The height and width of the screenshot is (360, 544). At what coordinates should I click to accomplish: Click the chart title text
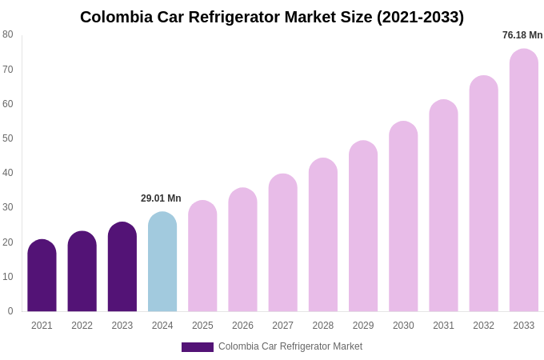(x=272, y=17)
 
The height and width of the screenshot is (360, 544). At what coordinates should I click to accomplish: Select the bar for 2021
(x=42, y=276)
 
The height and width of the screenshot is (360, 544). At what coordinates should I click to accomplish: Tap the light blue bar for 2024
(x=162, y=262)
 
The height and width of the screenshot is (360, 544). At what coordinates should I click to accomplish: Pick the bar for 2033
(x=524, y=181)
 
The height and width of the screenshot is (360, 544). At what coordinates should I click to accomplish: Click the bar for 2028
(x=323, y=235)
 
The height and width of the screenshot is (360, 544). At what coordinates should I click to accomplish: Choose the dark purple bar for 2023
(x=122, y=267)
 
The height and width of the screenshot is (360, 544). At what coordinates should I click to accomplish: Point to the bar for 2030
(x=403, y=217)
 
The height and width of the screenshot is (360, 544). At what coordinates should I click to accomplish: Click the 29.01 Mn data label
(x=161, y=198)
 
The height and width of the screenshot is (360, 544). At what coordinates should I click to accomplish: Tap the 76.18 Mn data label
(x=522, y=35)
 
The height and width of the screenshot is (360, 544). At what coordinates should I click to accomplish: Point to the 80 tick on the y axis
(x=8, y=34)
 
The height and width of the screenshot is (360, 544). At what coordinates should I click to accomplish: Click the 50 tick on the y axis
(x=8, y=138)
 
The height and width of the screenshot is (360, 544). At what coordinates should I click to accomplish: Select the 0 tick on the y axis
(x=10, y=311)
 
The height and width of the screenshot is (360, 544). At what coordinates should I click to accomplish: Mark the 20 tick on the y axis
(x=8, y=242)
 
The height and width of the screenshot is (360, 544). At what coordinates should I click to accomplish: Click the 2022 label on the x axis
(x=82, y=326)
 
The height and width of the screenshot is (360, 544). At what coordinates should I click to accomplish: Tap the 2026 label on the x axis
(x=242, y=326)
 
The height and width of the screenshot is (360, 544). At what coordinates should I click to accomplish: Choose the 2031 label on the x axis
(x=443, y=326)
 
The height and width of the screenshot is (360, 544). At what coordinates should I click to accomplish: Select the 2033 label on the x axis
(x=524, y=326)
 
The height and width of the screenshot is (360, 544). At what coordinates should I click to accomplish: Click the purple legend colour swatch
(x=198, y=347)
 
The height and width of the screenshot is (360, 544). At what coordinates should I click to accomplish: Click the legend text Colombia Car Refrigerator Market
(x=290, y=346)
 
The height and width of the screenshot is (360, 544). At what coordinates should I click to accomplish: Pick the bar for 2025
(x=202, y=257)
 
